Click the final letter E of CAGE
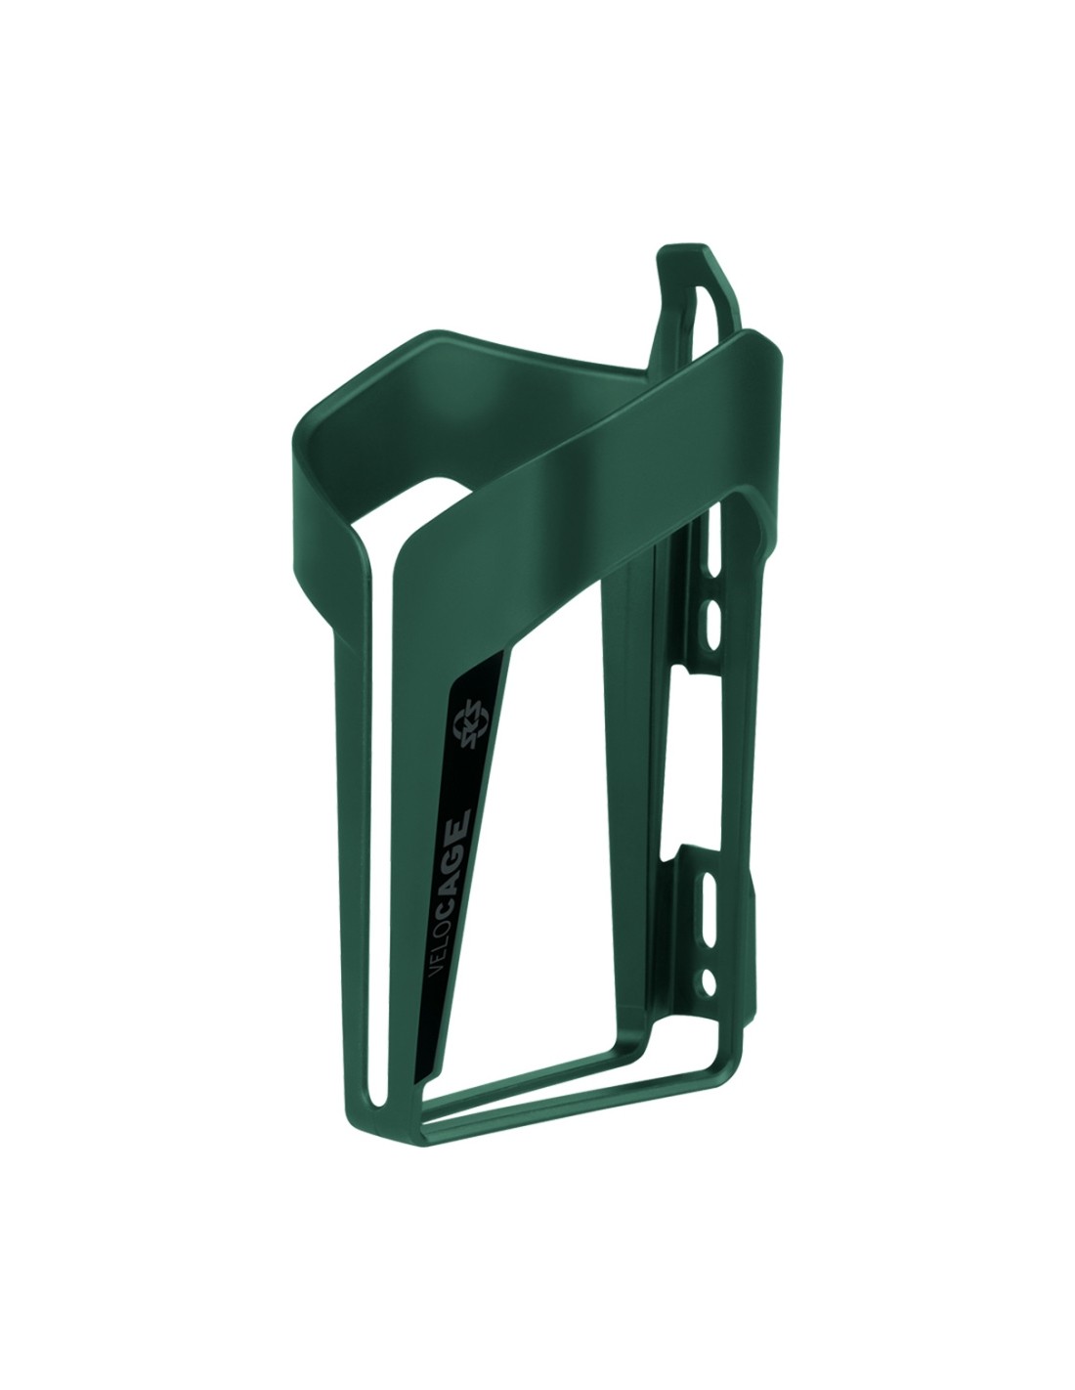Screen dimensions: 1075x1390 pyautogui.click(x=461, y=818)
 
